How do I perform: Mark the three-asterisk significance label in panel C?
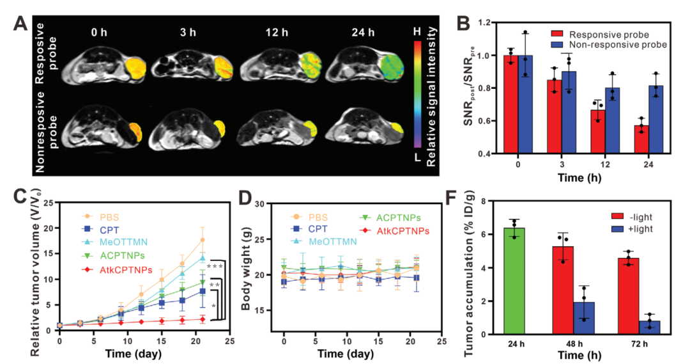(x=213, y=266)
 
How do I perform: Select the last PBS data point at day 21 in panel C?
(x=203, y=241)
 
